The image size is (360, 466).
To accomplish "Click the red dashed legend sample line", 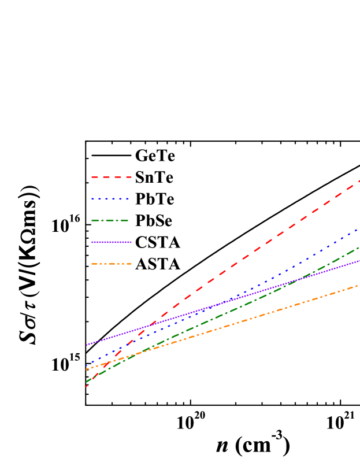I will click(111, 177).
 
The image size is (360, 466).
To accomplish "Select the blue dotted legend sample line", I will click(110, 199).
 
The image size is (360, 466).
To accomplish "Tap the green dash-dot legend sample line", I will click(110, 220).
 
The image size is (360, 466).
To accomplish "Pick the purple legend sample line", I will click(111, 242).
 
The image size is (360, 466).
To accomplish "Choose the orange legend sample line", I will click(111, 264).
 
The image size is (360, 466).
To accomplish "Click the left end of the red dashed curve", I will click(86, 386).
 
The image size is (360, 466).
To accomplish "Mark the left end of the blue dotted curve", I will click(86, 366).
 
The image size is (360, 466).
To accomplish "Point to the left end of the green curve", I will click(86, 382).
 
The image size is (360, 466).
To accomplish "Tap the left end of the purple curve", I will click(86, 345).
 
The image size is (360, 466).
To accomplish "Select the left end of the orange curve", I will click(86, 369).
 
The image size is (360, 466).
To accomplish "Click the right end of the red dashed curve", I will click(359, 181).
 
